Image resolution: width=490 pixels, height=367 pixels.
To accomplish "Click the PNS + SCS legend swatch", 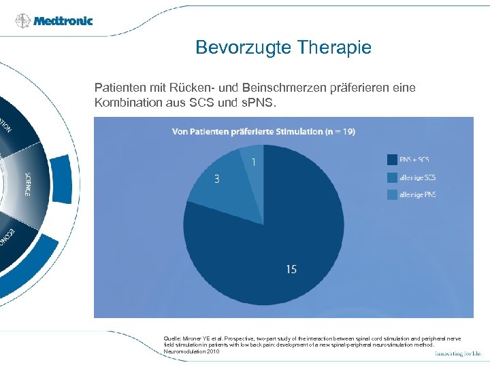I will tap(393, 160).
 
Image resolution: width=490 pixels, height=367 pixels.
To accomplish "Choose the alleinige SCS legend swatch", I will tap(393, 177).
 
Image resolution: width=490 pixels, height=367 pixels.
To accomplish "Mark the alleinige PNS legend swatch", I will tap(393, 195).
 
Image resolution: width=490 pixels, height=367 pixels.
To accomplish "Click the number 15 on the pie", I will tap(291, 270).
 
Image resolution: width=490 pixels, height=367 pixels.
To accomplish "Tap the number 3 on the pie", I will tap(216, 179).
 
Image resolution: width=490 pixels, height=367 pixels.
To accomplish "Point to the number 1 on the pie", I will tap(254, 162).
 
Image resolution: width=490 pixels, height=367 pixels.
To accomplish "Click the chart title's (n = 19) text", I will tap(338, 131).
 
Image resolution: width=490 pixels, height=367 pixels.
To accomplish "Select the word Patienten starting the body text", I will tap(118, 88).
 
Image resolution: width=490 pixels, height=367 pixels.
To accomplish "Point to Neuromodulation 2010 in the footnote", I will tap(192, 352).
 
